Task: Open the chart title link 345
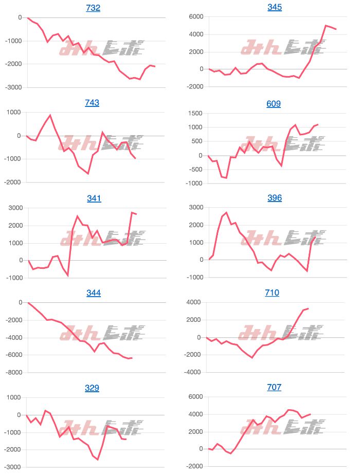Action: click(275, 7)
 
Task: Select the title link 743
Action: click(92, 103)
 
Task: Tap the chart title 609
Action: click(274, 104)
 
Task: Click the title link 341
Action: click(94, 198)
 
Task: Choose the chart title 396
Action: click(275, 198)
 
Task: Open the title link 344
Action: click(94, 293)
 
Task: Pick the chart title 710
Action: click(272, 293)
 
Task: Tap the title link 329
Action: click(92, 388)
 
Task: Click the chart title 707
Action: click(274, 387)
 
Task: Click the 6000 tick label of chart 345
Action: click(195, 17)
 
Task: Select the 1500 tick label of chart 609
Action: click(195, 113)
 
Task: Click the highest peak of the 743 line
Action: click(50, 115)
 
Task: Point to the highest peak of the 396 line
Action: click(226, 212)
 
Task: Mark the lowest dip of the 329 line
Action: click(98, 460)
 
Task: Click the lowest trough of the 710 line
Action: click(252, 357)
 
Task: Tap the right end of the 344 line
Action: click(132, 358)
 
